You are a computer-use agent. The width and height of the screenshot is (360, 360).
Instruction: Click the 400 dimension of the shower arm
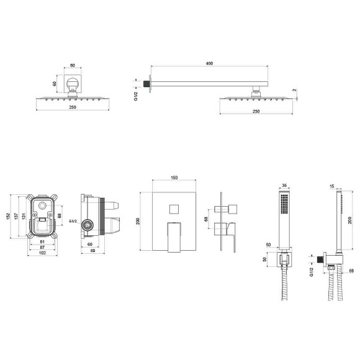[209, 63]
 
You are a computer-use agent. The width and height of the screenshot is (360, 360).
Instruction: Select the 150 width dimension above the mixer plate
[174, 178]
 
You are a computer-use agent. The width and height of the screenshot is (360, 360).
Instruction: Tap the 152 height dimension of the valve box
[8, 216]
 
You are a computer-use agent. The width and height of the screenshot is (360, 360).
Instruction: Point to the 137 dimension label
[16, 216]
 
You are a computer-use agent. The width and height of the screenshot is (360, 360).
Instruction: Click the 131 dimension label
[24, 216]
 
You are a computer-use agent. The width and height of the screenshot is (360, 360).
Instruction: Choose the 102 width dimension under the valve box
[42, 253]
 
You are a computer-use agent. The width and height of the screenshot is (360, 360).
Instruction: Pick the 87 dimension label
[42, 247]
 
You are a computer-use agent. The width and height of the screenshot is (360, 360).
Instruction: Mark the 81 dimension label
[42, 242]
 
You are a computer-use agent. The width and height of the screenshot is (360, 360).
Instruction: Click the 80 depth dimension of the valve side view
[92, 251]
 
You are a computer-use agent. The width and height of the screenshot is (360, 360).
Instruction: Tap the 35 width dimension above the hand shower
[284, 186]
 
